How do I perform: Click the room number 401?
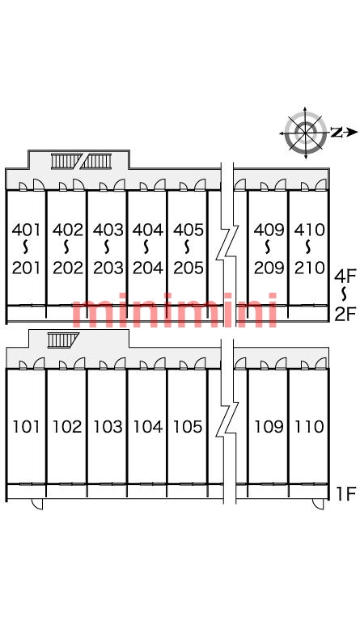pos(26,230)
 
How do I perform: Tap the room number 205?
pos(188,268)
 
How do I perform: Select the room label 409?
pos(269,230)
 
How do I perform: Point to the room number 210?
pos(309,268)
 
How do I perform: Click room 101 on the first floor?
pos(26,427)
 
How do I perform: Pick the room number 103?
pos(108,427)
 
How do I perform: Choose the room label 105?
pos(188,427)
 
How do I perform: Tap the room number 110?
pos(309,427)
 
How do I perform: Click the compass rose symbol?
pos(305,133)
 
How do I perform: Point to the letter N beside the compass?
pos(337,133)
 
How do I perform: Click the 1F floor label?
pos(345,494)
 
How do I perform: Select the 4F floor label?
pos(345,276)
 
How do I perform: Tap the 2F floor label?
pos(345,315)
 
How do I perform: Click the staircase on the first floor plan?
pos(62,340)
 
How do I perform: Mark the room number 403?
pos(108,230)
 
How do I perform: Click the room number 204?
pos(148,268)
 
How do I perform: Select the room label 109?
pos(269,427)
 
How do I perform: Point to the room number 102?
pos(67,427)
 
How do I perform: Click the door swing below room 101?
pos(37,504)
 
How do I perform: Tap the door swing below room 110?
pos(318,504)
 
